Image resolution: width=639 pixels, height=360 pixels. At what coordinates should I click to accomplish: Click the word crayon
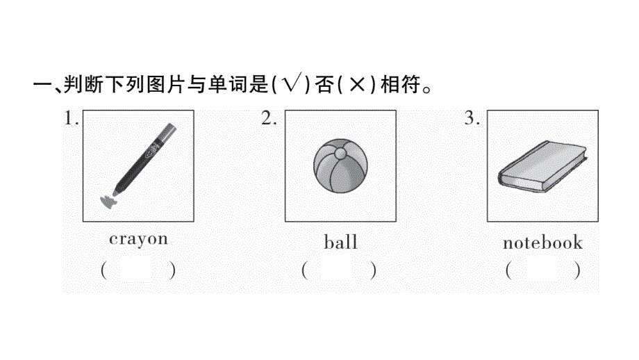pos(138,239)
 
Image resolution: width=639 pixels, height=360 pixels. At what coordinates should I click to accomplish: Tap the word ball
pos(340,242)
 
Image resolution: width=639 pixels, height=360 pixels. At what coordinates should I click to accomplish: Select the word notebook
pos(542,243)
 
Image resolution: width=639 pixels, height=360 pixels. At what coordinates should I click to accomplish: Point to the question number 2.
pos(269,119)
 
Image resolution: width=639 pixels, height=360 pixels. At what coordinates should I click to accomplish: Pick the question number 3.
pos(472,119)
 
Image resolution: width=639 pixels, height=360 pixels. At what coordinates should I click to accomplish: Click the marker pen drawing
pos(138,164)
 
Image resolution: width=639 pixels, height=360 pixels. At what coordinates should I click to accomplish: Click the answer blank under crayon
pos(138,270)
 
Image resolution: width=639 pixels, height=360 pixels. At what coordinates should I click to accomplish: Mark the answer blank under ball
pos(339,270)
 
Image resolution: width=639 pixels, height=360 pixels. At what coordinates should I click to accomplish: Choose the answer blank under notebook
pos(542,270)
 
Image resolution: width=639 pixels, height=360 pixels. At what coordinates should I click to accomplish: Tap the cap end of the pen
pos(167,129)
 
